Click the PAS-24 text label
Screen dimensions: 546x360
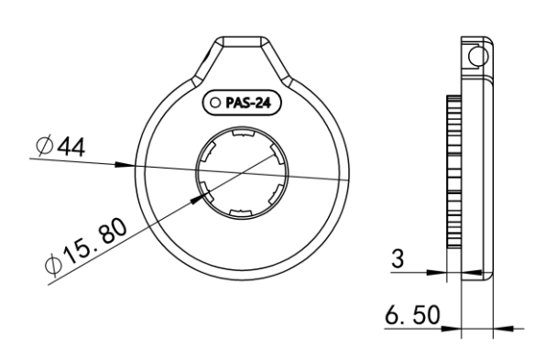click(248, 103)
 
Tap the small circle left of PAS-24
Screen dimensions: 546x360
click(215, 103)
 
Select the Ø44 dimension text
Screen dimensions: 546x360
click(60, 147)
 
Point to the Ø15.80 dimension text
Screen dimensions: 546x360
click(86, 245)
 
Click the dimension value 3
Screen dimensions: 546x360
click(398, 258)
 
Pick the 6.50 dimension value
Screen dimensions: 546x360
click(412, 315)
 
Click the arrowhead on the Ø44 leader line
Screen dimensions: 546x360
click(125, 164)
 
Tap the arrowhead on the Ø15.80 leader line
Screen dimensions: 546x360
click(198, 200)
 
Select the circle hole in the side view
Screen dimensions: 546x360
click(478, 56)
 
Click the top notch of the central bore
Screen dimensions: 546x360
click(243, 134)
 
